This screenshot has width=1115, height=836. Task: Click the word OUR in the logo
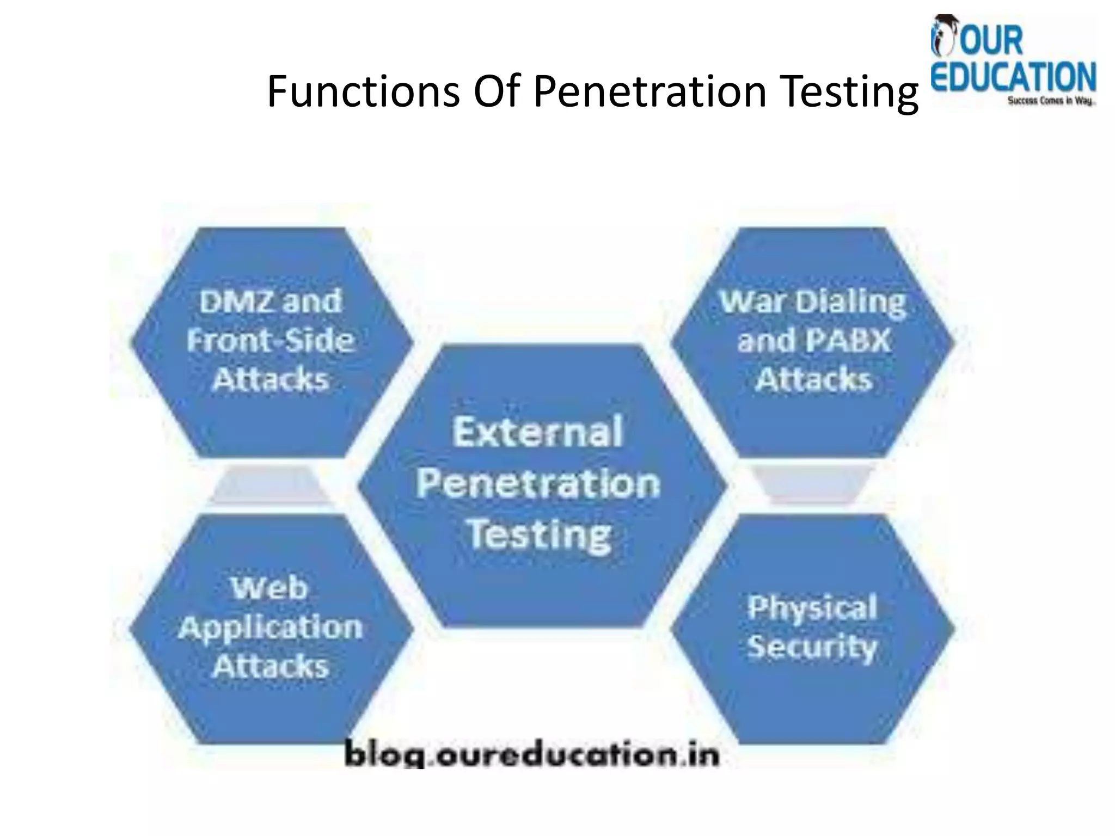(x=991, y=41)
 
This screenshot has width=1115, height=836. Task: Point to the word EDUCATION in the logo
(x=1013, y=78)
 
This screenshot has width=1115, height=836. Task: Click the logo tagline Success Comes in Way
(x=1050, y=101)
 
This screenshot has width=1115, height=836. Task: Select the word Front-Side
(x=271, y=341)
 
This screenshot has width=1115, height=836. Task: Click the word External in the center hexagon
(x=538, y=432)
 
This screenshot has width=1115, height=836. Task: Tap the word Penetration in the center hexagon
(x=538, y=483)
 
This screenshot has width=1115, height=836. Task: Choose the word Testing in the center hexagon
(x=539, y=534)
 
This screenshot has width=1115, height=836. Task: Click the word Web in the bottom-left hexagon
(x=269, y=588)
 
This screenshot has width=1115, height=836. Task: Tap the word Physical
(x=812, y=608)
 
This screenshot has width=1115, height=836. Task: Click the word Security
(x=812, y=647)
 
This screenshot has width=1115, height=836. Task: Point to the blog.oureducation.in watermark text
(x=532, y=756)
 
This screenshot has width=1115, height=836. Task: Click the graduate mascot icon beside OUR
(x=943, y=36)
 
